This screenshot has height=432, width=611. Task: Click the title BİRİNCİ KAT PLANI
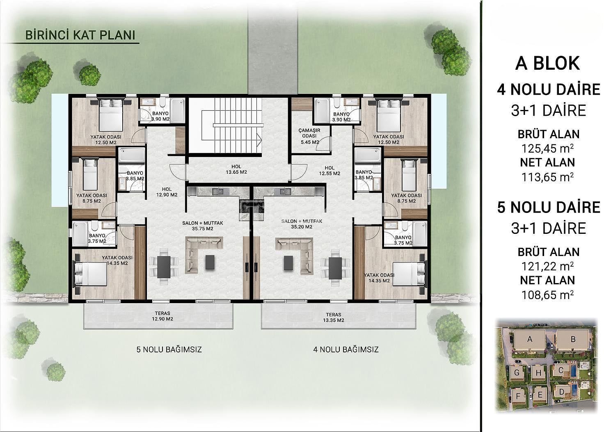(x=80, y=35)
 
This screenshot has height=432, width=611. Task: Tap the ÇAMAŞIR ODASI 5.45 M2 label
(x=309, y=136)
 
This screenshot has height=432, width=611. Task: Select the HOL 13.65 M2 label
(x=236, y=169)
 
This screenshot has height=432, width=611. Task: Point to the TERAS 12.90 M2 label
(x=162, y=316)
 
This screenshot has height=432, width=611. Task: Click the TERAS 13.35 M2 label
(x=333, y=317)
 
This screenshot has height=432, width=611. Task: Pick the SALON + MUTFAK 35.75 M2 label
(x=202, y=226)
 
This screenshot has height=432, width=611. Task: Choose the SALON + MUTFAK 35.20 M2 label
(x=302, y=224)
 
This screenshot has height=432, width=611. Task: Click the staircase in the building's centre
(x=232, y=126)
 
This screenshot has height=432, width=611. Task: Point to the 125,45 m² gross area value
(x=547, y=149)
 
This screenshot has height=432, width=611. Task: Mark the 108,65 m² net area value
(x=547, y=295)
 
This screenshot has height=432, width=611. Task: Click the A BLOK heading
(x=547, y=63)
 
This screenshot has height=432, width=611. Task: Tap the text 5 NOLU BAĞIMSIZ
(x=169, y=350)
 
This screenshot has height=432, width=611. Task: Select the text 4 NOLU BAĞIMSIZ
(x=346, y=350)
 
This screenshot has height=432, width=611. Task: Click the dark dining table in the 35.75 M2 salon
(x=164, y=267)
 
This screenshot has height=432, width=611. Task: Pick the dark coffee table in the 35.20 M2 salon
(x=288, y=263)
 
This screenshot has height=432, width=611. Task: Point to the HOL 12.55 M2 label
(x=330, y=170)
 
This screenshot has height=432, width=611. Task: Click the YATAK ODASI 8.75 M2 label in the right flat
(x=406, y=198)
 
